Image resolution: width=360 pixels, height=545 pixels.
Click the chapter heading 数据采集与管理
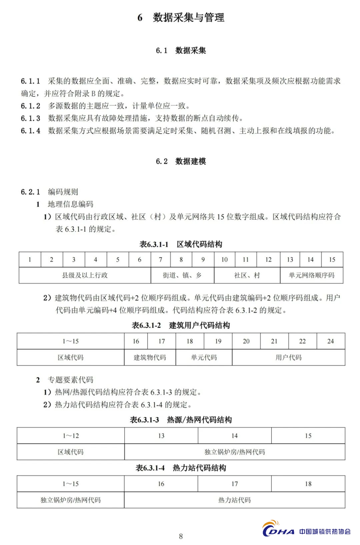tap(188, 17)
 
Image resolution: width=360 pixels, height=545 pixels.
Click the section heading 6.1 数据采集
tap(181, 50)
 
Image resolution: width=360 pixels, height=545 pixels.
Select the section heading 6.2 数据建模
tap(181, 161)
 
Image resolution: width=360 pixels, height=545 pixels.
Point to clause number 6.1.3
tap(30, 118)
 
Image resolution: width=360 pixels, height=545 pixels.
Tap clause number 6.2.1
tap(30, 192)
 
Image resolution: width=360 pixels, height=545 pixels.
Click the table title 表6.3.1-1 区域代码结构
tap(181, 244)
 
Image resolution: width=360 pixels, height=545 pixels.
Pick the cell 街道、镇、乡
tap(182, 275)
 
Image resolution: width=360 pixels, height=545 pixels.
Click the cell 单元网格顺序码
tap(311, 275)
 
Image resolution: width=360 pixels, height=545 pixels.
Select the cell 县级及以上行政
tap(85, 275)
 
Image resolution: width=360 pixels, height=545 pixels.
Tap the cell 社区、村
tap(247, 275)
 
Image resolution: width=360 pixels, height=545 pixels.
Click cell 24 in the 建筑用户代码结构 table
tap(330, 341)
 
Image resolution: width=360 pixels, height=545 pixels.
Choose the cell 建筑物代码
tap(150, 358)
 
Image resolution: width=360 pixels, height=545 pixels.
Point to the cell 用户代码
tap(288, 358)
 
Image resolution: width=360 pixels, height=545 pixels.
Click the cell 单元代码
tap(204, 358)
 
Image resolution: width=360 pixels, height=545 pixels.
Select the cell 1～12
tap(71, 436)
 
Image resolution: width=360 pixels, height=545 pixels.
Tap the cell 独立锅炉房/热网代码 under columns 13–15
tap(235, 452)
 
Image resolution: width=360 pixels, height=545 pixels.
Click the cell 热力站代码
tap(235, 500)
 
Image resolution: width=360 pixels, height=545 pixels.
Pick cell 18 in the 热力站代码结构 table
tap(308, 484)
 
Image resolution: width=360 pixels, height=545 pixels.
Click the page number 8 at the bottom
tap(181, 536)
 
